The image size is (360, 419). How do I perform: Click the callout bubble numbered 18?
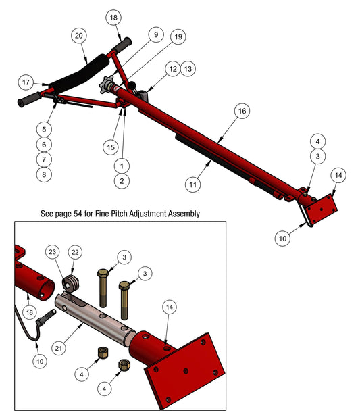coord(113,17)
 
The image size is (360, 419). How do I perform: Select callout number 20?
coord(80,34)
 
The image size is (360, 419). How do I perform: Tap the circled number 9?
coord(155,34)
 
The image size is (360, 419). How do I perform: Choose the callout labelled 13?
coord(188,69)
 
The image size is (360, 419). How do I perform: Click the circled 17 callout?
coord(26,82)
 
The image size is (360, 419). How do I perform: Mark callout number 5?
coord(44,128)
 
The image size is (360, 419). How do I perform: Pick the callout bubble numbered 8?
coord(44,174)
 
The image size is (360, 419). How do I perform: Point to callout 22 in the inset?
coord(75,252)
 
